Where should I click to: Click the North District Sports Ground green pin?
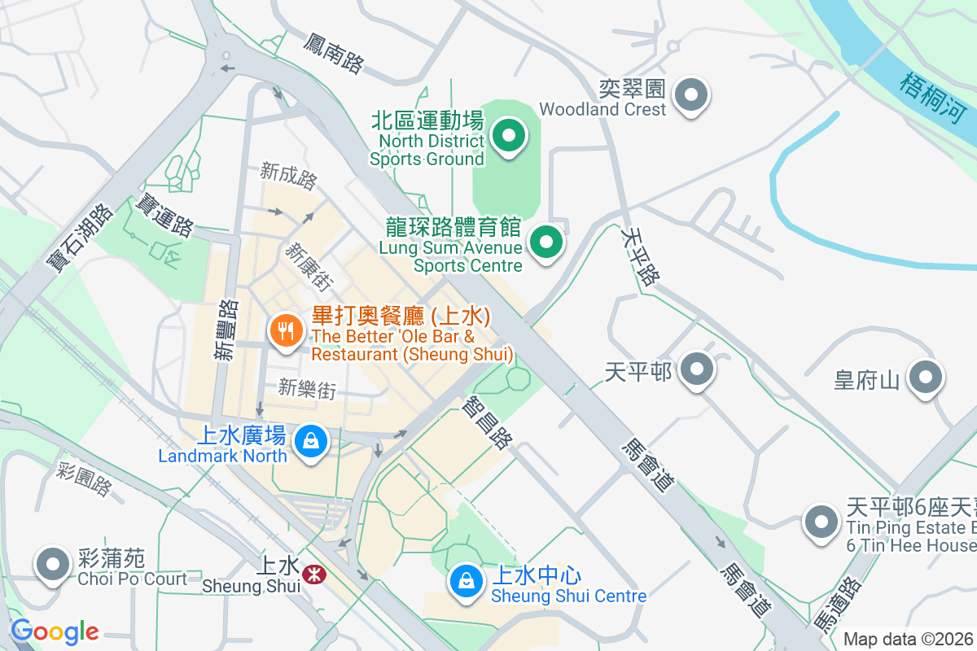pyautogui.click(x=510, y=136)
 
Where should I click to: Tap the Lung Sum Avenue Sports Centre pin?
pyautogui.click(x=546, y=242)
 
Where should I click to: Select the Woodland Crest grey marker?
pyautogui.click(x=691, y=95)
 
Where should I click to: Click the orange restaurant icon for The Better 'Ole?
pyautogui.click(x=286, y=331)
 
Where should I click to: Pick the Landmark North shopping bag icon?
pyautogui.click(x=310, y=442)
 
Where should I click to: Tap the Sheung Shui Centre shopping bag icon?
pyautogui.click(x=465, y=582)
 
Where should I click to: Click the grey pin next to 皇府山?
pyautogui.click(x=926, y=378)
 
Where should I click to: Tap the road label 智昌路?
pyautogui.click(x=487, y=422)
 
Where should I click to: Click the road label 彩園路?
pyautogui.click(x=85, y=479)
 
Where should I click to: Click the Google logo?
pyautogui.click(x=55, y=631)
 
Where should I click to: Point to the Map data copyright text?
pyautogui.click(x=909, y=639)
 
